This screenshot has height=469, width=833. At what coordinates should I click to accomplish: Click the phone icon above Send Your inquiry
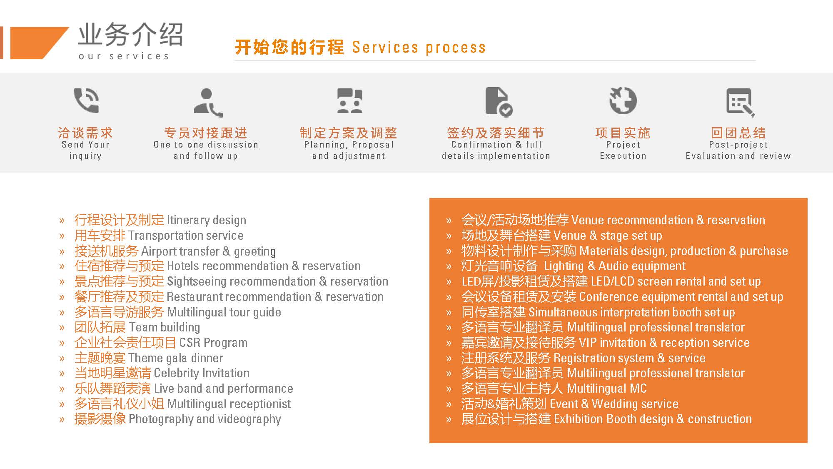coord(86,100)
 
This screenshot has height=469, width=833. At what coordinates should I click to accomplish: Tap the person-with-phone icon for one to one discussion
coord(208,103)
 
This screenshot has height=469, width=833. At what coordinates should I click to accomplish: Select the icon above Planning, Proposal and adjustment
coord(349,101)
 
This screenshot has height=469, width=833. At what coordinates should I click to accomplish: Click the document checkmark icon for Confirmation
coord(499,102)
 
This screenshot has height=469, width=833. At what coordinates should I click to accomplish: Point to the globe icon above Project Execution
coord(623,100)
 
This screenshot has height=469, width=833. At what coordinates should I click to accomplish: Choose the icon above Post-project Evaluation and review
coord(741,102)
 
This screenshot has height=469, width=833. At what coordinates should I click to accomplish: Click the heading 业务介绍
coord(130,34)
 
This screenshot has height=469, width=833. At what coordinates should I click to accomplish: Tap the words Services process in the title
coord(419,48)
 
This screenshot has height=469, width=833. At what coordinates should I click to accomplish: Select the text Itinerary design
coord(207,220)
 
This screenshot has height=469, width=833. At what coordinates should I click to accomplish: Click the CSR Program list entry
coord(161,343)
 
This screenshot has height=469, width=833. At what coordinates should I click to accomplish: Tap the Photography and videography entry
coord(178,419)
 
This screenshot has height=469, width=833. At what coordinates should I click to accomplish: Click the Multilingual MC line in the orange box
coord(554,389)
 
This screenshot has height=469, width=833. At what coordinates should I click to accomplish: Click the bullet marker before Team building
coord(62,328)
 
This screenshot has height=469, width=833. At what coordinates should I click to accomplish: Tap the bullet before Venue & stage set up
coord(449,236)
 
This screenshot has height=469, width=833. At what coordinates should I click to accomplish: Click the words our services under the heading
coord(124,56)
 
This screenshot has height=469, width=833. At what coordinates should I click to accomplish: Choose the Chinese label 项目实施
coord(623,133)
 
